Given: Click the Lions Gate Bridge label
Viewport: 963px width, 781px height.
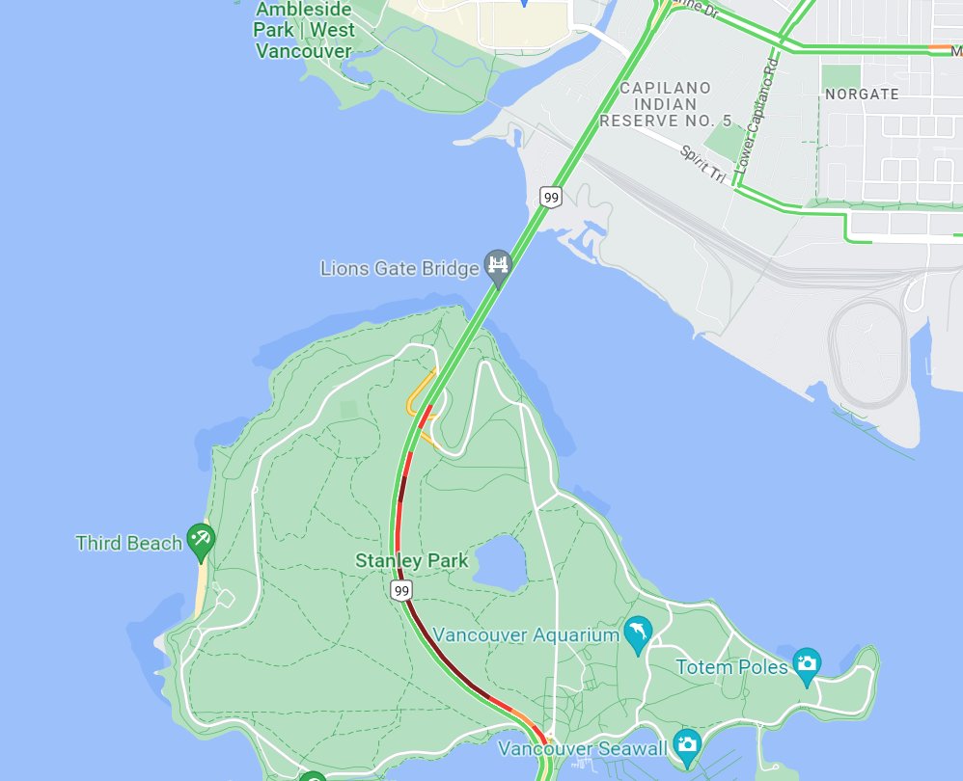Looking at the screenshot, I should click(399, 268).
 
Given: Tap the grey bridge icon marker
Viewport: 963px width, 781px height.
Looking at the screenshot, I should click(498, 265).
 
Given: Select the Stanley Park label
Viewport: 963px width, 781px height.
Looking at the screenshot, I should click(412, 560).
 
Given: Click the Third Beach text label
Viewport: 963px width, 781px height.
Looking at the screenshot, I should click(128, 543).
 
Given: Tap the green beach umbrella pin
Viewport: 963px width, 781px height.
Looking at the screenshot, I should click(201, 540).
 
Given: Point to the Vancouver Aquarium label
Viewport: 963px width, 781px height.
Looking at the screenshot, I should click(526, 634).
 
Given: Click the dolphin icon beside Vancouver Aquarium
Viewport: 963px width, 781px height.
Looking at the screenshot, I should click(638, 633).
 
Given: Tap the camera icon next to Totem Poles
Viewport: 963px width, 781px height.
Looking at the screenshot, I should click(806, 662).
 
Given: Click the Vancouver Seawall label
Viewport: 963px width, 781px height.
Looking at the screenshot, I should click(582, 748).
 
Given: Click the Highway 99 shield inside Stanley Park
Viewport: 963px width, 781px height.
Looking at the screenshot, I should click(399, 589).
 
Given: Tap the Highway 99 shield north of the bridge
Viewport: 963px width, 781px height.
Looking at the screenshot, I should click(551, 198).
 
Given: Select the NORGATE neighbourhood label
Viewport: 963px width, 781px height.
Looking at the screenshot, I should click(862, 94).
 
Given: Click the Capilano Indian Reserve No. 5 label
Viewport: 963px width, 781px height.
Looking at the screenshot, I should click(666, 104).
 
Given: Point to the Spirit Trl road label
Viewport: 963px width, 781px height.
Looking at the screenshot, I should click(703, 165).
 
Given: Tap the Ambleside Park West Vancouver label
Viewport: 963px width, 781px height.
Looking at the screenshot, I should click(304, 30).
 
